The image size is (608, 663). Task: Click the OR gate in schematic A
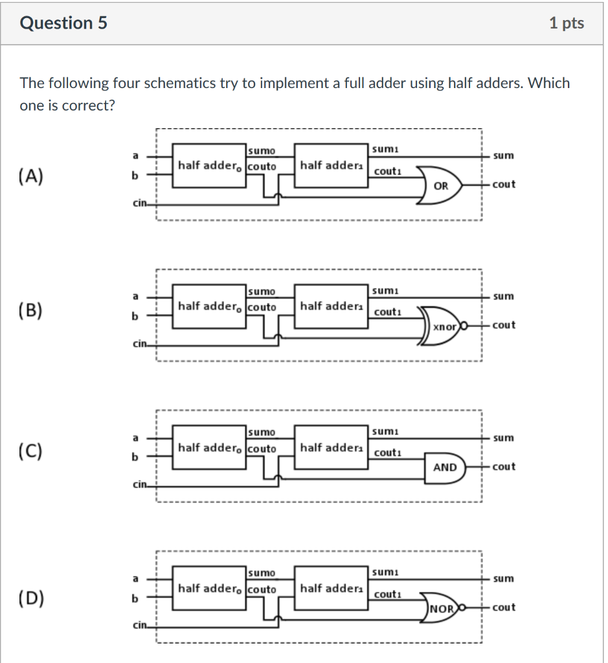point(440,185)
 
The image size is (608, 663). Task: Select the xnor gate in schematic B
point(444,326)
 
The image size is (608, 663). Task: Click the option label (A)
point(32,175)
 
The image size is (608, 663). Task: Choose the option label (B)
point(32,311)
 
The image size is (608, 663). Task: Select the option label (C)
point(32,451)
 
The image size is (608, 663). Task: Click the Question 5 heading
point(64,23)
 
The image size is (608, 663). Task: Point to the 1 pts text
point(566,23)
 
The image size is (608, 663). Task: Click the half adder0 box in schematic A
point(208,166)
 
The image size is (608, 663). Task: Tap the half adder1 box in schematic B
point(330,306)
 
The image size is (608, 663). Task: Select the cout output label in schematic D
point(504,607)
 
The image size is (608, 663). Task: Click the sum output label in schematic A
point(503,155)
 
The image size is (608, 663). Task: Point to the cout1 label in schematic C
point(388,453)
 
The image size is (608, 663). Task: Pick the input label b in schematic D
point(135,599)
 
